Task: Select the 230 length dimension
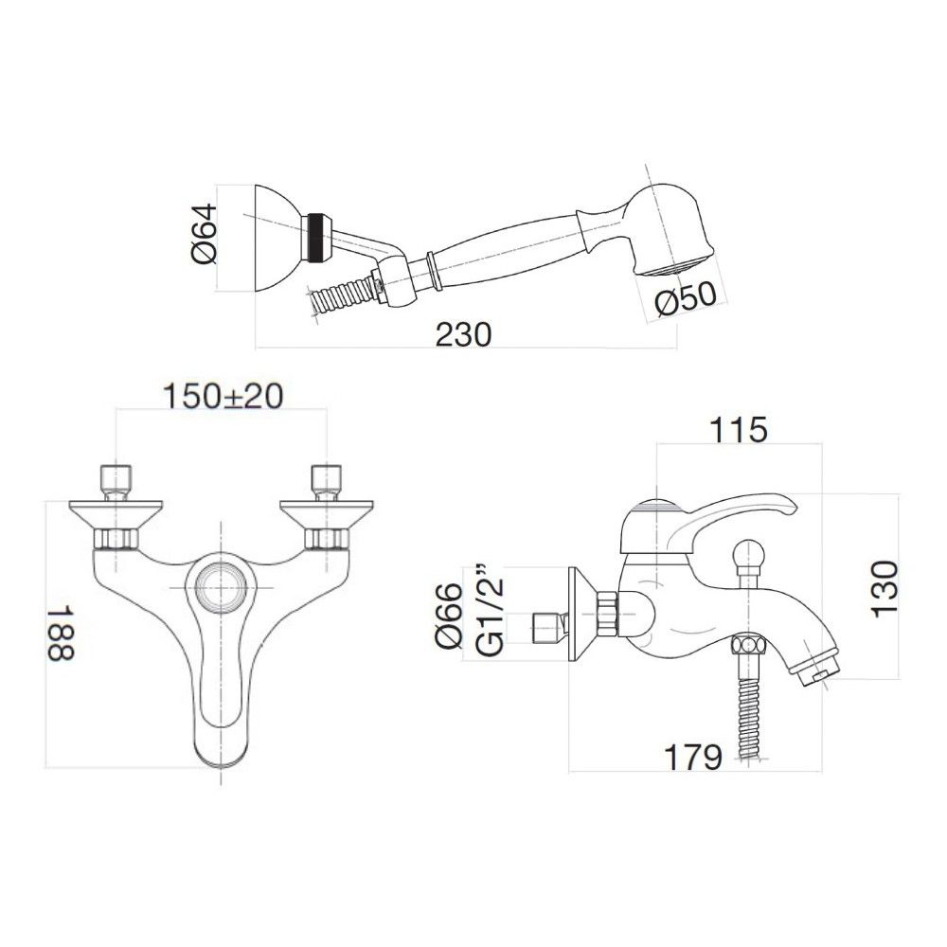click(x=463, y=333)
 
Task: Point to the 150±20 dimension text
click(x=223, y=396)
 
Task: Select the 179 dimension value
click(x=690, y=757)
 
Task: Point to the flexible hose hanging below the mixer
click(x=748, y=710)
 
